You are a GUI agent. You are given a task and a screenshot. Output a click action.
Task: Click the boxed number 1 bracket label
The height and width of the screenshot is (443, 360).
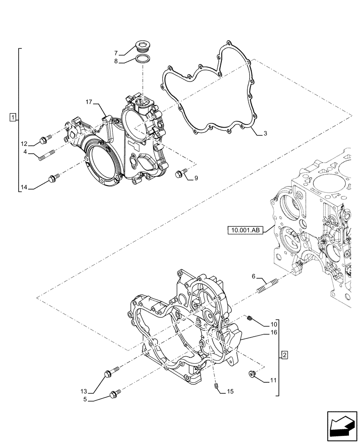(x=14, y=117)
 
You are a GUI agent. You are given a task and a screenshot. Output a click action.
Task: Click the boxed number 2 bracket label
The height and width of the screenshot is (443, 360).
(x=285, y=355)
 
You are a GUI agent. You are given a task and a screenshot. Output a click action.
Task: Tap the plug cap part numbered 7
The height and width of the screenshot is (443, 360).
(x=143, y=45)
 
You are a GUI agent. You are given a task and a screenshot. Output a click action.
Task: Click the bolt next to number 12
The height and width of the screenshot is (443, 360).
(x=44, y=140)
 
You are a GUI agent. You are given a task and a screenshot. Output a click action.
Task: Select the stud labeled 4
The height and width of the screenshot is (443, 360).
(x=46, y=155)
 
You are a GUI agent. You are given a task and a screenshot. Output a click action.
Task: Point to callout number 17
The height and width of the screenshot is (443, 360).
(x=89, y=102)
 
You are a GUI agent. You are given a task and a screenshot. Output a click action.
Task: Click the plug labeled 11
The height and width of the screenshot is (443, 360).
(x=252, y=375)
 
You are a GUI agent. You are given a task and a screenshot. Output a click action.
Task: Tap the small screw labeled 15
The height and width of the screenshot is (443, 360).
(x=217, y=388)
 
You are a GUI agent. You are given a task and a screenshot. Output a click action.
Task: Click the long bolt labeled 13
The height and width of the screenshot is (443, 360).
(x=110, y=371)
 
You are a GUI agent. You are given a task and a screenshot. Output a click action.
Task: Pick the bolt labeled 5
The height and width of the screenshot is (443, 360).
(x=117, y=393)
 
